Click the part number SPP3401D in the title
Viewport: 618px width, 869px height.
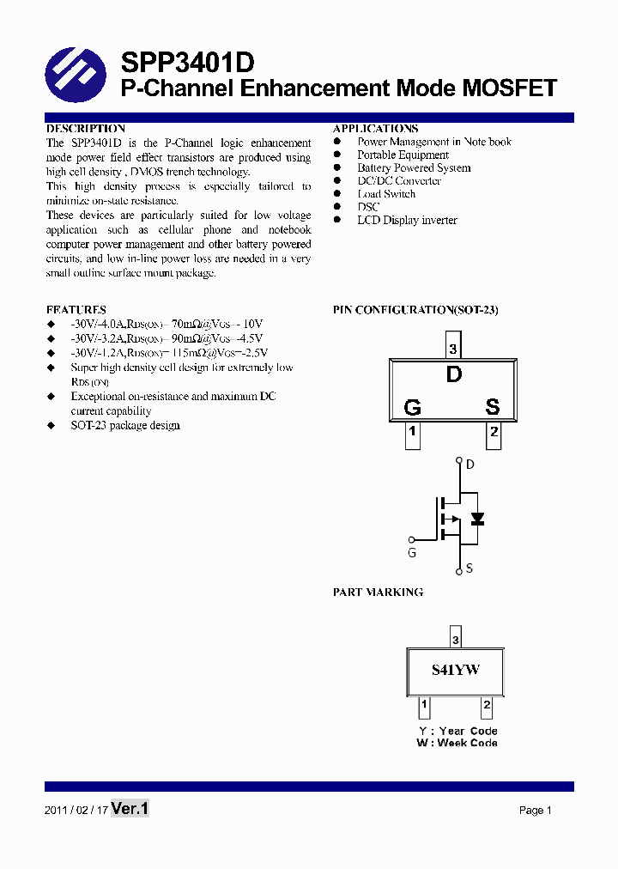pos(186,63)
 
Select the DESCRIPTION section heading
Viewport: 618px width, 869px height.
pos(86,129)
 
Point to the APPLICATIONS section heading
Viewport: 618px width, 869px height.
pos(375,129)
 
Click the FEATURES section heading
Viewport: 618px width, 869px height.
pos(76,309)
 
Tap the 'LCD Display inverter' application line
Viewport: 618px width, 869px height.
pos(407,221)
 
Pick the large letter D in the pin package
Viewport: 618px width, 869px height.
pos(454,374)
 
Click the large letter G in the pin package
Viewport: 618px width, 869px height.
pos(412,407)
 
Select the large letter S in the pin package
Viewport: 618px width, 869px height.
pos(493,407)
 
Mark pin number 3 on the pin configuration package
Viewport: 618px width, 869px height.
pos(453,349)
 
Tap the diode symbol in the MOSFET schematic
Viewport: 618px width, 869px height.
pos(478,518)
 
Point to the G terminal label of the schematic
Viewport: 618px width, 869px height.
pos(412,553)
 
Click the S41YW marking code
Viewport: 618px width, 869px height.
pos(455,670)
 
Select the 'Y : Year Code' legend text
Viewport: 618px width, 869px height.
pos(457,732)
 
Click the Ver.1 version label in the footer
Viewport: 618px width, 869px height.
pos(130,809)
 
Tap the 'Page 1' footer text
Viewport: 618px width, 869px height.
pos(535,811)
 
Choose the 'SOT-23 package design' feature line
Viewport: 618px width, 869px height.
pos(125,425)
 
